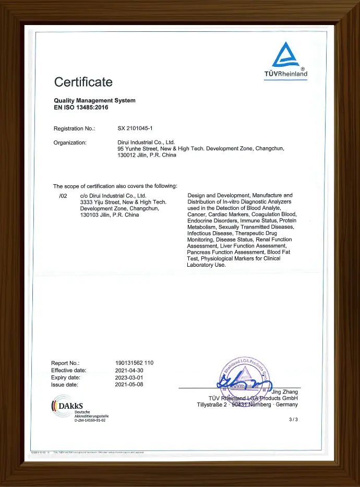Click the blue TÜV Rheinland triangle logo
click(285, 55)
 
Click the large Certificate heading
click(83, 82)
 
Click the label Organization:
click(70, 142)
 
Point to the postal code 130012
click(128, 155)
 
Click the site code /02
click(64, 195)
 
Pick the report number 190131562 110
click(134, 363)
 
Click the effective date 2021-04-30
click(129, 370)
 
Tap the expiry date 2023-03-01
click(129, 377)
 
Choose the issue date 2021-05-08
click(129, 385)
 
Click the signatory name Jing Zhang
click(285, 391)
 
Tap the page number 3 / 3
click(293, 419)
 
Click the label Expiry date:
click(66, 377)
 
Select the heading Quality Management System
click(94, 100)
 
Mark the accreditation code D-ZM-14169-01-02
click(90, 420)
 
